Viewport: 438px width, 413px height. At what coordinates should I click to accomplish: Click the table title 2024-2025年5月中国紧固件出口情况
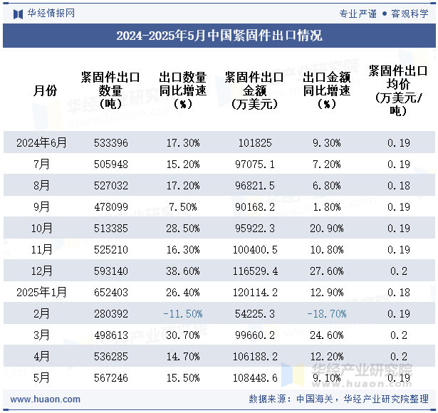(x=219, y=36)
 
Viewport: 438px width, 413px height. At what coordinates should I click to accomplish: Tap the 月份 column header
(x=46, y=90)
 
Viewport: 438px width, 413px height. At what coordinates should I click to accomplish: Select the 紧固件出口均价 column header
(x=398, y=90)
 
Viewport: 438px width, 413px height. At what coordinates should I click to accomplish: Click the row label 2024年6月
(x=42, y=143)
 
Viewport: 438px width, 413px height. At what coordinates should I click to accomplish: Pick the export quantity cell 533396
(x=110, y=143)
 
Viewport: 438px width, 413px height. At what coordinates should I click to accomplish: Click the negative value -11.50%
(x=183, y=314)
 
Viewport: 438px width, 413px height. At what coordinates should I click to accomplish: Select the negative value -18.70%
(x=326, y=314)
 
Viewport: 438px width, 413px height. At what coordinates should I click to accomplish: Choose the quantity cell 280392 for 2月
(x=110, y=314)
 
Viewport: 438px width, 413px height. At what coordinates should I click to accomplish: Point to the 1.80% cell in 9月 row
(x=326, y=207)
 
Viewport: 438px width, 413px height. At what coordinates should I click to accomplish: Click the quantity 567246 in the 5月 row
(x=110, y=378)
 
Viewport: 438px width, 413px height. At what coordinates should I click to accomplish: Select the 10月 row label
(x=42, y=229)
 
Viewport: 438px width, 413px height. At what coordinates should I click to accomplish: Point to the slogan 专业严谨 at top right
(x=358, y=13)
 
